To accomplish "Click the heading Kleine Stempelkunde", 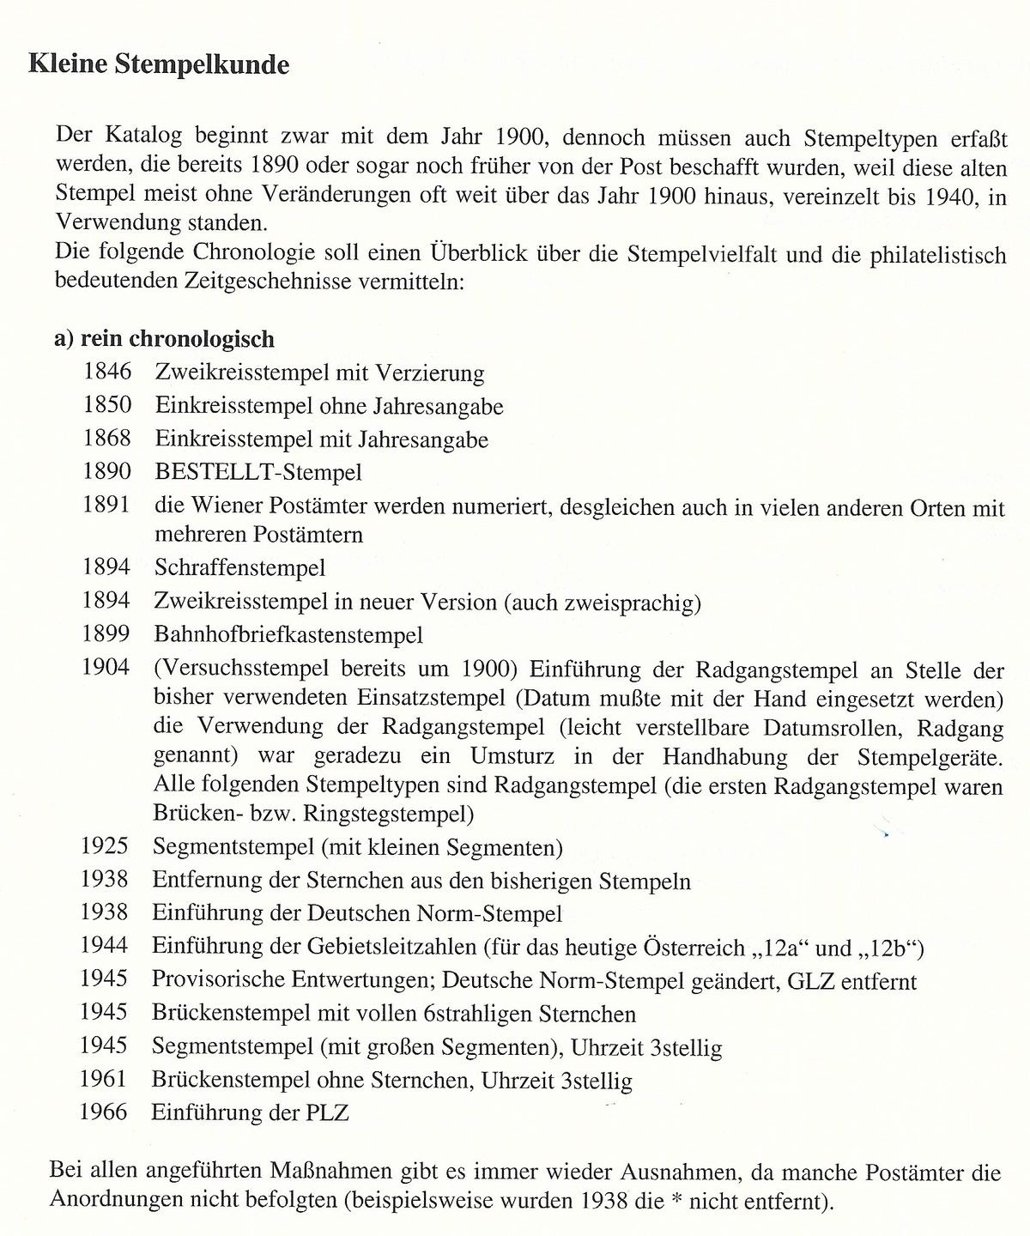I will point(159,65).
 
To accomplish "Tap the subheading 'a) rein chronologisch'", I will point(164,339).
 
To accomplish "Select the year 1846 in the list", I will point(107,373).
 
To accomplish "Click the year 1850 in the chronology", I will point(107,405).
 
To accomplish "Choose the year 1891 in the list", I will point(107,505).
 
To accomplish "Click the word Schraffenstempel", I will point(240,567).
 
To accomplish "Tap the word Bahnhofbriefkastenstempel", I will point(289,634).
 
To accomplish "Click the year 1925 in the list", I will point(105,848).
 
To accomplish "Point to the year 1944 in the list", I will point(105,946).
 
